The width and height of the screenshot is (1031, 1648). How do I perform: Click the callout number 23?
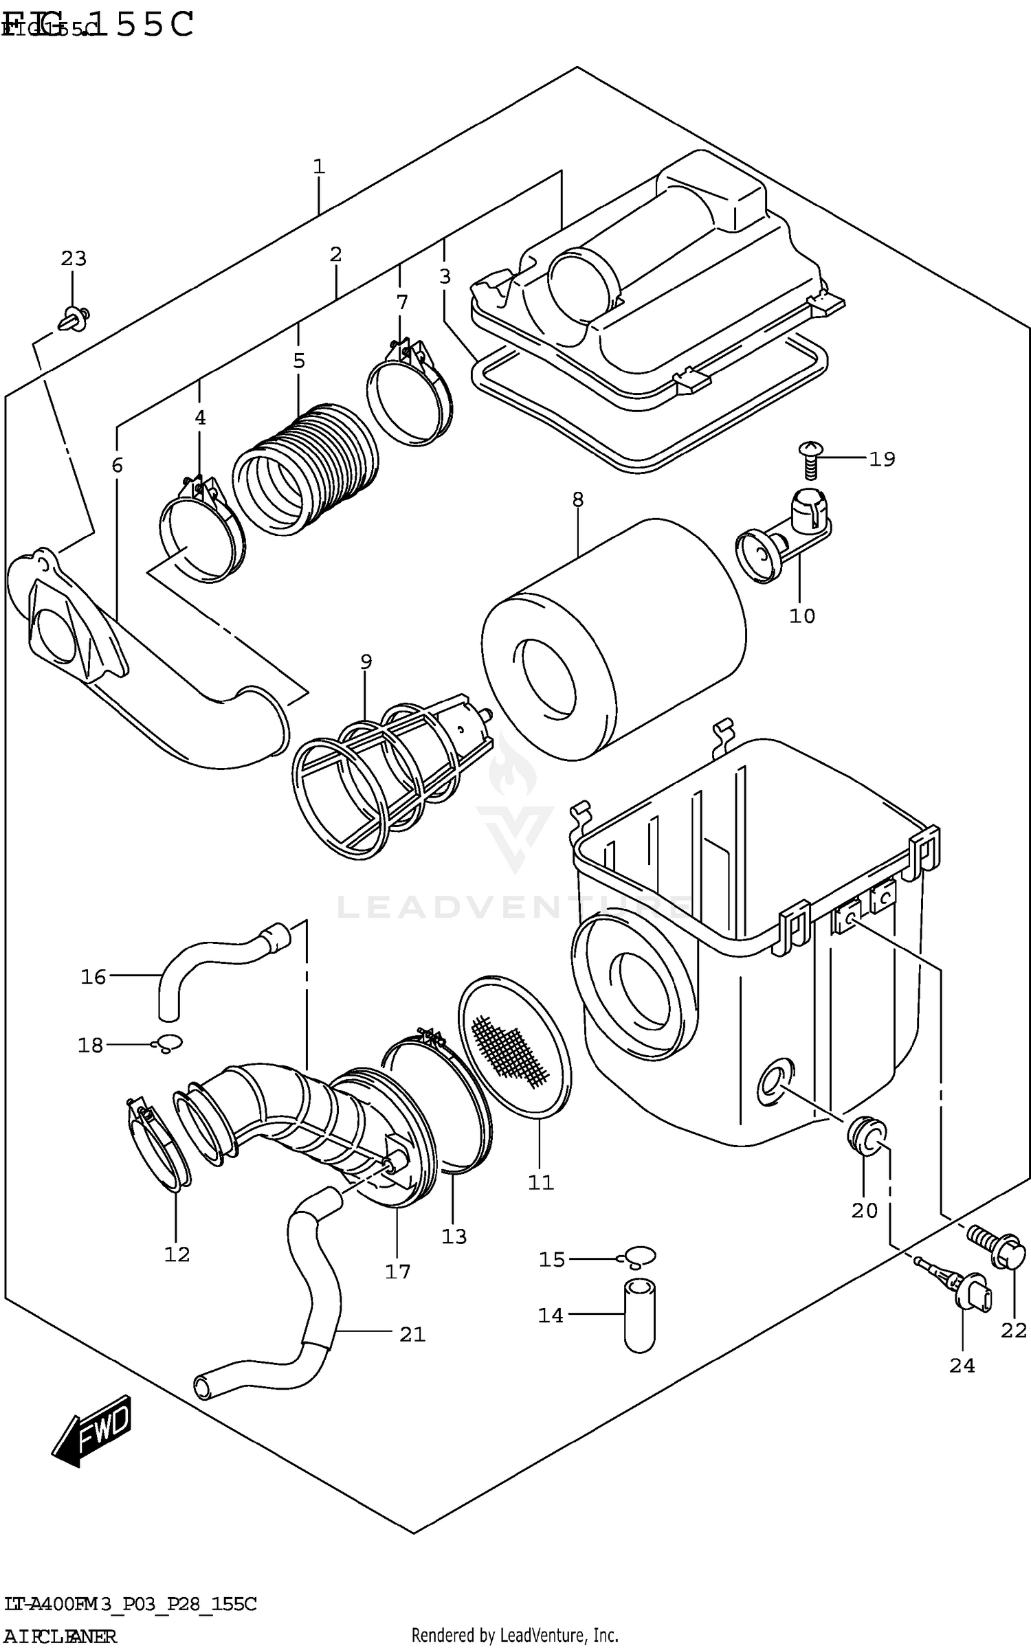coord(74,259)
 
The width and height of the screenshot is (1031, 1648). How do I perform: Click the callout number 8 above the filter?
coord(577,500)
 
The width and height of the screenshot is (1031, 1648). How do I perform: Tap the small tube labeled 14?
coord(639,1315)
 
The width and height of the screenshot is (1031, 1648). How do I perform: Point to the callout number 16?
coord(93,977)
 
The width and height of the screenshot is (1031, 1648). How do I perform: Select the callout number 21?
coord(412,1334)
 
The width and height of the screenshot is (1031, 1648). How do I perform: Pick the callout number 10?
coord(801,616)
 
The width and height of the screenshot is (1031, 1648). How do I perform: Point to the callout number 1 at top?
coord(318,167)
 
